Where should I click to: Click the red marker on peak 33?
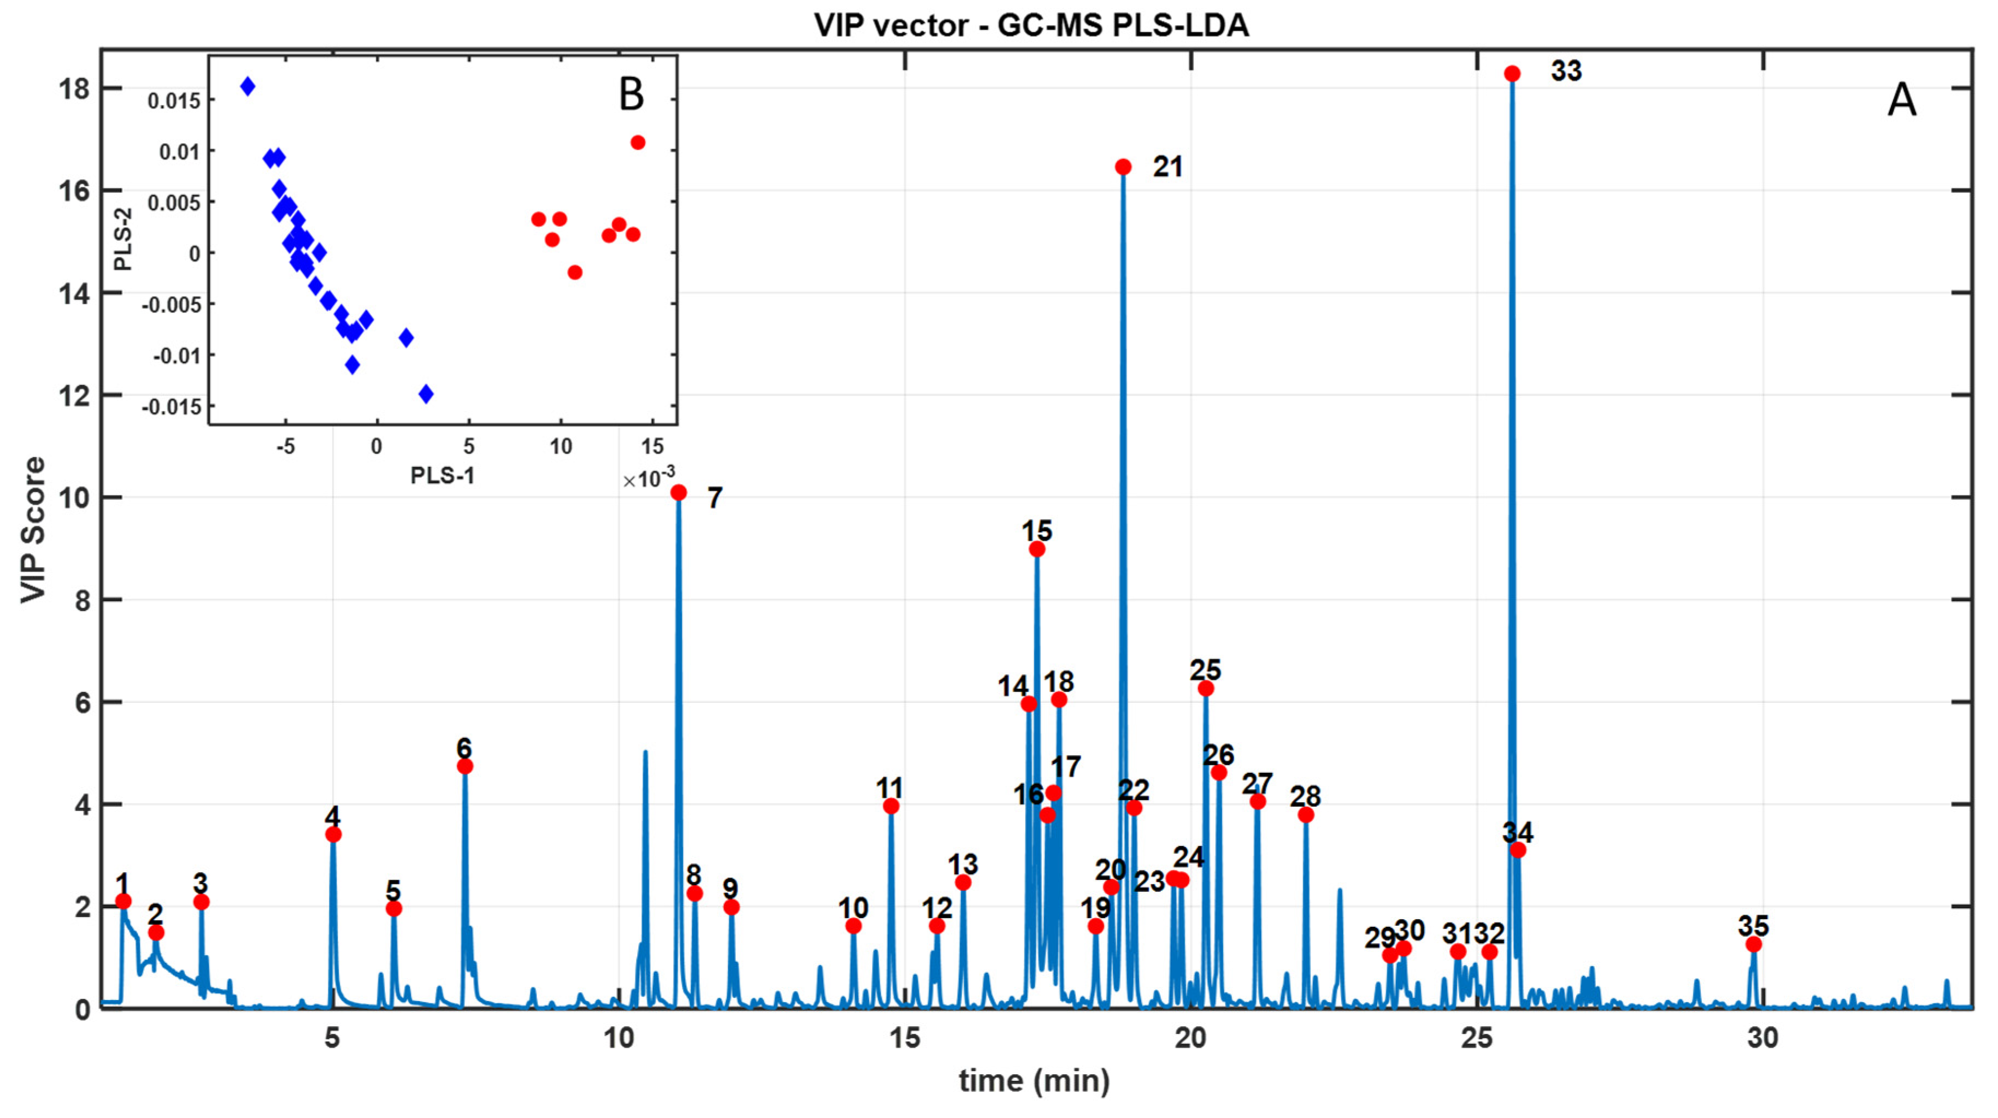(1512, 74)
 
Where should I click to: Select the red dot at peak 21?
(1123, 167)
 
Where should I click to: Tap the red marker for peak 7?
(679, 492)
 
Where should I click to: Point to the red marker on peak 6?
(464, 766)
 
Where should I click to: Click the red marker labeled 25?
(1205, 689)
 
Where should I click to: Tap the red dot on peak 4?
(333, 834)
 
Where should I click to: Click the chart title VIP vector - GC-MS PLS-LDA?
(1031, 26)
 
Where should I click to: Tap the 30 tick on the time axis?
(1762, 1037)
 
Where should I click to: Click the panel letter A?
(1901, 101)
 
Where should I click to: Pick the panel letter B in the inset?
(632, 94)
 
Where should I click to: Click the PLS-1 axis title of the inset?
(442, 475)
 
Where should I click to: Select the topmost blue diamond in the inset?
(247, 86)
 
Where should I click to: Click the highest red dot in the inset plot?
(638, 143)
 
